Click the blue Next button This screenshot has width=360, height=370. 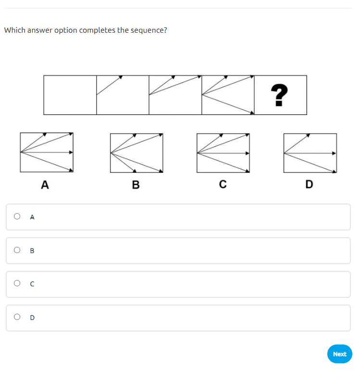coord(339,354)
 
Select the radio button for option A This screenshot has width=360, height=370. coord(17,216)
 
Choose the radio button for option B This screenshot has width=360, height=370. coord(17,250)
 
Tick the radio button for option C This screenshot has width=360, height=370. coord(17,283)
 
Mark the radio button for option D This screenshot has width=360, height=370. coord(17,317)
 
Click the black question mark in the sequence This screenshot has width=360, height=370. coord(279,95)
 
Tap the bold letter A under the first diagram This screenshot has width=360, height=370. coord(45,185)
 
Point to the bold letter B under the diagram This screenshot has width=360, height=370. coord(136,185)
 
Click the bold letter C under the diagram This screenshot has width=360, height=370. coord(223,184)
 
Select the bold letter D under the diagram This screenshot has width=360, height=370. coord(310,184)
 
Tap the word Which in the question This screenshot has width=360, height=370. coord(14,30)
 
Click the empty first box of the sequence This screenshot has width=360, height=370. coord(70,95)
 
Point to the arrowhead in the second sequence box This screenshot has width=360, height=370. coord(121,77)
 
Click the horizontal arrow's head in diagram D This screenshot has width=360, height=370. coord(334,153)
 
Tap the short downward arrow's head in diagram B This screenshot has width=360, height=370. coord(135,171)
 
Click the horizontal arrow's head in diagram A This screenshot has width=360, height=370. coord(71,153)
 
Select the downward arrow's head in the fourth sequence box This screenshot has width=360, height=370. coord(252,113)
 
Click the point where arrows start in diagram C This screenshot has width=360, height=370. coord(198,153)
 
